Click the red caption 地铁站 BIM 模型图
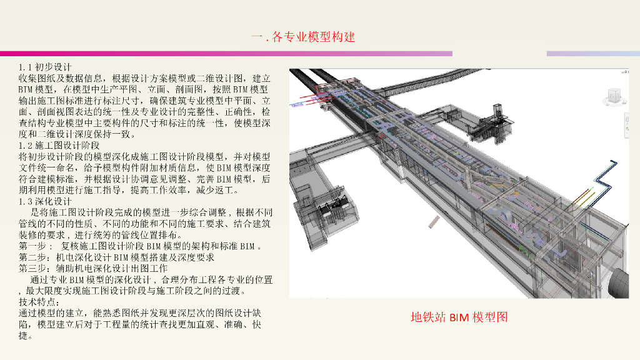pos(459,317)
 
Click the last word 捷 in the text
pos(24,336)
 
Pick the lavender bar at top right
pos(592,54)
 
